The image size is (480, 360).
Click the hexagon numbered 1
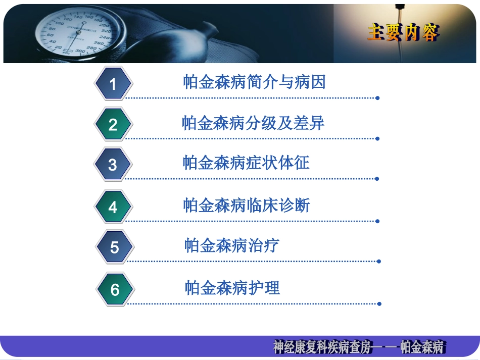[113, 83]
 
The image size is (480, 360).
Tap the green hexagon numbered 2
[113, 124]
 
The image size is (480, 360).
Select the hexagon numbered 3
[113, 165]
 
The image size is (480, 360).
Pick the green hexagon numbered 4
[113, 207]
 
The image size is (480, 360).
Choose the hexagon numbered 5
[115, 247]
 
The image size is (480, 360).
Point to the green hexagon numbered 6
[115, 289]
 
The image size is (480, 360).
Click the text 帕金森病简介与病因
[254, 82]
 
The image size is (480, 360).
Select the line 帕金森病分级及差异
[253, 123]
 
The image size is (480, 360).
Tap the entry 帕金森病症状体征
[246, 163]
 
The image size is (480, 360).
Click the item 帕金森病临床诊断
[246, 205]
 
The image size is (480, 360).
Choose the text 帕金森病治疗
[231, 246]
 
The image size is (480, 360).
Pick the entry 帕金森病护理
[232, 288]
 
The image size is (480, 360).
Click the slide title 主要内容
[403, 33]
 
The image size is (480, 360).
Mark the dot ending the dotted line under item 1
[377, 98]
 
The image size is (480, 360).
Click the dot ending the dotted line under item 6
[379, 304]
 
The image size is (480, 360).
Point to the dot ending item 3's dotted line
[377, 179]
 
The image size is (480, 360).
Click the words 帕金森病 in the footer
[421, 347]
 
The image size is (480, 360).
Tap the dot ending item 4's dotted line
[377, 221]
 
